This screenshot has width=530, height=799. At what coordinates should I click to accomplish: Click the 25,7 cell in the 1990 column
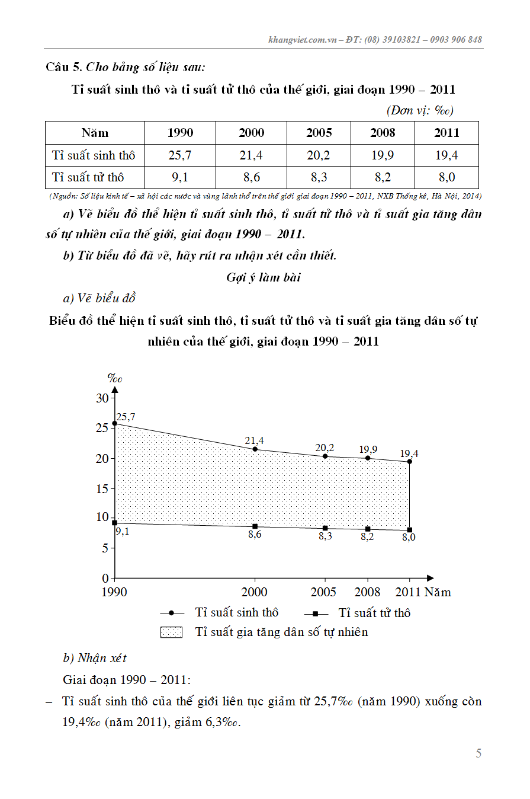point(180,155)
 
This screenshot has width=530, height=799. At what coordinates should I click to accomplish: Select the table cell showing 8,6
point(251,177)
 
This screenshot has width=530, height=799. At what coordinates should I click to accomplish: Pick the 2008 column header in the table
point(383,133)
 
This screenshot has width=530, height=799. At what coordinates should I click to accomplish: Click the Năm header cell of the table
point(95,133)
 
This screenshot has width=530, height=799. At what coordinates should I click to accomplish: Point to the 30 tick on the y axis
point(102,398)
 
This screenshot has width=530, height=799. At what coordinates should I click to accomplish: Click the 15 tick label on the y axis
point(102,488)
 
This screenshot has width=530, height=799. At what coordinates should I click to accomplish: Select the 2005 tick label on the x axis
point(324,592)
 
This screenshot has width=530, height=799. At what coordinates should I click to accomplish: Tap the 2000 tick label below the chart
point(254,592)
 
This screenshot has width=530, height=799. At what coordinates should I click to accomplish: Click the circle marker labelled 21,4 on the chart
point(255,449)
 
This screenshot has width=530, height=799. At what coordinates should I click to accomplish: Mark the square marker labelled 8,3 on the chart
point(325,528)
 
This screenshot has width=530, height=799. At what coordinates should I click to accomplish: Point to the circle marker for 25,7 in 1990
point(115,424)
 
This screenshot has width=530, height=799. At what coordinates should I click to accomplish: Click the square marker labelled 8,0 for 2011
point(409,530)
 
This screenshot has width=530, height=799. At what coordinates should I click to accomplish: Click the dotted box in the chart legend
point(171,632)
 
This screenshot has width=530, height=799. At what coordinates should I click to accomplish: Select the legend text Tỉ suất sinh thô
point(236,613)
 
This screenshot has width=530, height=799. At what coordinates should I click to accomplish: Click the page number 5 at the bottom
point(478,753)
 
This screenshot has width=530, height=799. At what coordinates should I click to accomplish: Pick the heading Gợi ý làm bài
point(263,277)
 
